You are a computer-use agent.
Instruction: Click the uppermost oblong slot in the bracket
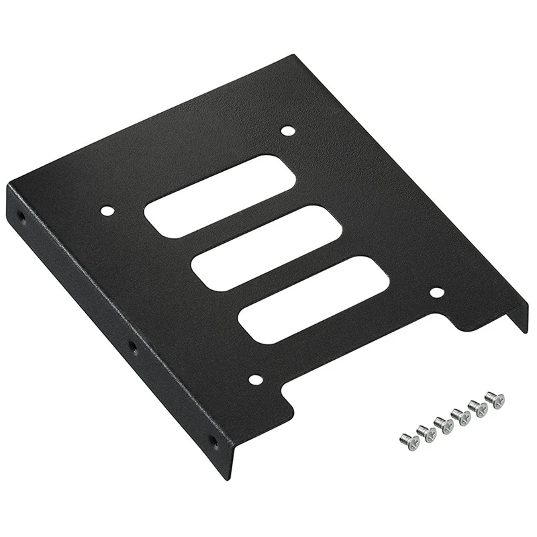[219, 195]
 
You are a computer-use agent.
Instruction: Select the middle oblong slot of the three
[266, 248]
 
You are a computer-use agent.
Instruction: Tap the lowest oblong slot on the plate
[314, 300]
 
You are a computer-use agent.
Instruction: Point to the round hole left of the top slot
[107, 211]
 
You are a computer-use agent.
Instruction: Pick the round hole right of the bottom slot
[436, 293]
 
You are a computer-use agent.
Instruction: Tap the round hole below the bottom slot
[255, 380]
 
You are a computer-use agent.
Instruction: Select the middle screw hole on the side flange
[132, 347]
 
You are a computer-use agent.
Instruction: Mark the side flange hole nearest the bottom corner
[213, 442]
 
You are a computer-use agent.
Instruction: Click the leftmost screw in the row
[409, 441]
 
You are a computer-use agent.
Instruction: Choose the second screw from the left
[426, 433]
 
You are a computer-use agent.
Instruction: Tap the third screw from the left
[444, 425]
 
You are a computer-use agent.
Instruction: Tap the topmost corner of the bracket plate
[293, 55]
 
